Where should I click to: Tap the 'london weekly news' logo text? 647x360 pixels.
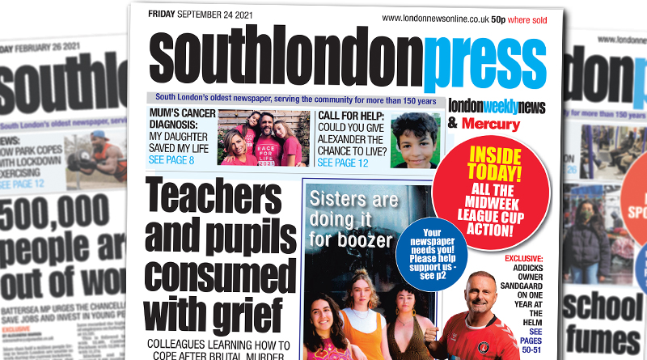pos(497,106)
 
